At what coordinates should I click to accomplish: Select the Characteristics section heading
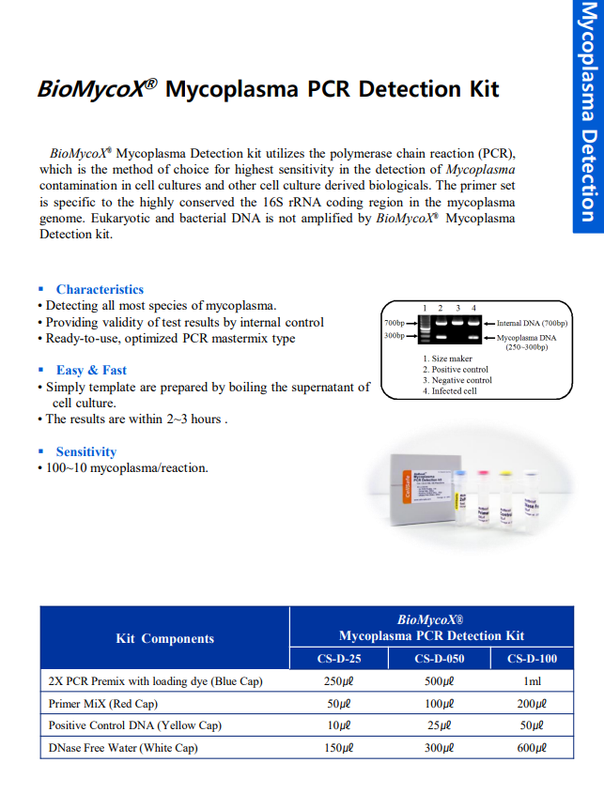click(100, 289)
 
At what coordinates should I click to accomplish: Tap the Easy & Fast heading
click(91, 370)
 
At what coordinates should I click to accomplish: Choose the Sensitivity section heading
click(85, 451)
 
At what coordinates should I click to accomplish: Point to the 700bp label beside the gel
click(394, 323)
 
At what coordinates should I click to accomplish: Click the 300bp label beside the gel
click(394, 335)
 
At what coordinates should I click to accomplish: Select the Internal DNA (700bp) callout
click(532, 324)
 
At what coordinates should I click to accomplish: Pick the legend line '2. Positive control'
click(456, 370)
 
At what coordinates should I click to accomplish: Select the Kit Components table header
click(164, 638)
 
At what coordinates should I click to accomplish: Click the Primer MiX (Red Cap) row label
click(102, 703)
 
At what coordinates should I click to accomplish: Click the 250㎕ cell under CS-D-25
click(338, 681)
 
